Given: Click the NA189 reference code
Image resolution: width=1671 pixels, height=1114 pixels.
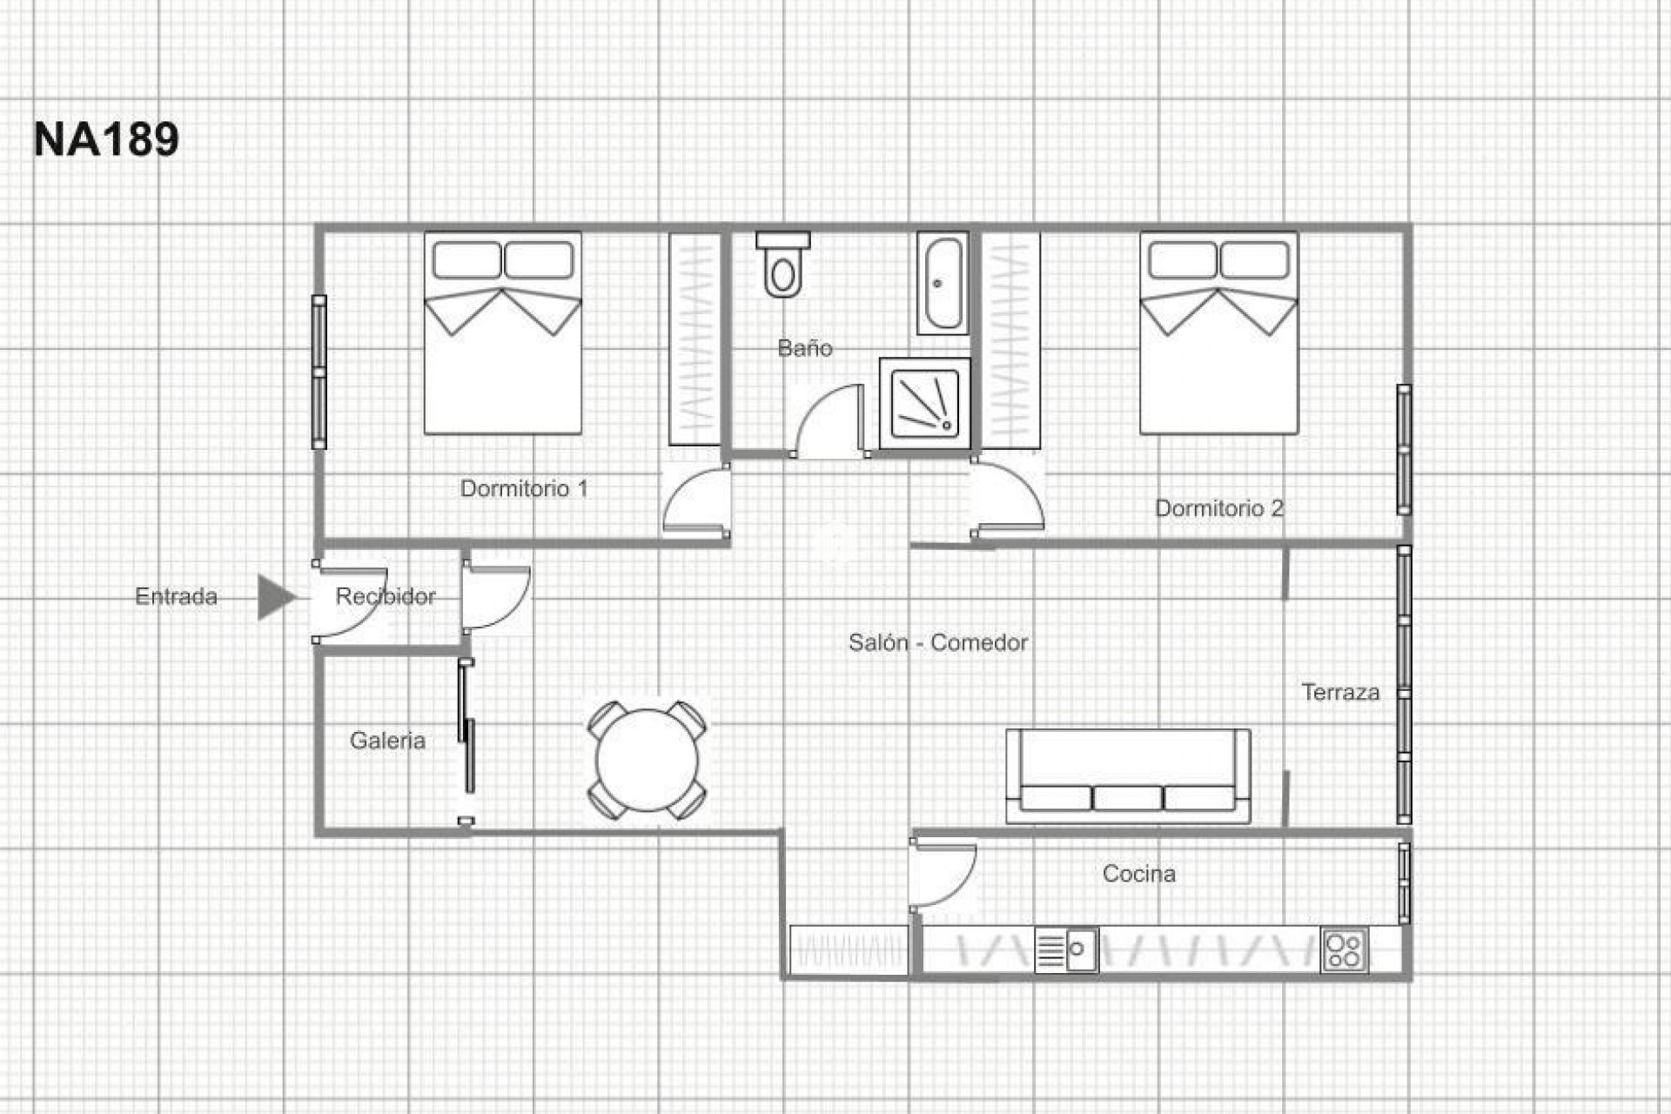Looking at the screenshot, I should pyautogui.click(x=106, y=139).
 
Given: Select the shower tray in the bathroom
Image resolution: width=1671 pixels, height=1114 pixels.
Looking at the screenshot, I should pyautogui.click(x=924, y=403).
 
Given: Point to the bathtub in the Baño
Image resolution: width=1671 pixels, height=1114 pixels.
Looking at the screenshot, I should pyautogui.click(x=943, y=283).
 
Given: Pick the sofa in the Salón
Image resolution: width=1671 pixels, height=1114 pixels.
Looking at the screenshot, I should pyautogui.click(x=1128, y=776).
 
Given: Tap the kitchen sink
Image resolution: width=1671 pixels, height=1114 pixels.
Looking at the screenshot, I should pyautogui.click(x=1067, y=950).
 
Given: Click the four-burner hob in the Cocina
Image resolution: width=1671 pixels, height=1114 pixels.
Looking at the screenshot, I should pyautogui.click(x=1344, y=950).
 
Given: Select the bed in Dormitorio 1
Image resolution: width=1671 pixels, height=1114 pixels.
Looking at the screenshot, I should pyautogui.click(x=503, y=333).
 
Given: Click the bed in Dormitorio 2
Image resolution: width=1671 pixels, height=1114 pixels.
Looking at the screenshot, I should pyautogui.click(x=1218, y=333).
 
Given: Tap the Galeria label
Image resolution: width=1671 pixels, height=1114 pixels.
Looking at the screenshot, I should pyautogui.click(x=387, y=741).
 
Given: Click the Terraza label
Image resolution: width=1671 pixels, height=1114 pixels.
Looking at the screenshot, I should pyautogui.click(x=1340, y=693).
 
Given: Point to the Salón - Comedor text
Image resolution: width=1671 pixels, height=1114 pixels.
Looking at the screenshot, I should pyautogui.click(x=938, y=643).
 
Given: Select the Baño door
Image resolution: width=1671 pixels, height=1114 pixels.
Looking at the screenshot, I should pyautogui.click(x=827, y=422).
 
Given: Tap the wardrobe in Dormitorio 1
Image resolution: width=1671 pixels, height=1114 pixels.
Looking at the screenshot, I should pyautogui.click(x=695, y=339).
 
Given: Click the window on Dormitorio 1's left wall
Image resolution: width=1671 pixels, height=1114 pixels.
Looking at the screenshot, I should pyautogui.click(x=319, y=372).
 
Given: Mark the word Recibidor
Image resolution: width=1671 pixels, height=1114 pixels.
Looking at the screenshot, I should pyautogui.click(x=386, y=597).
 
